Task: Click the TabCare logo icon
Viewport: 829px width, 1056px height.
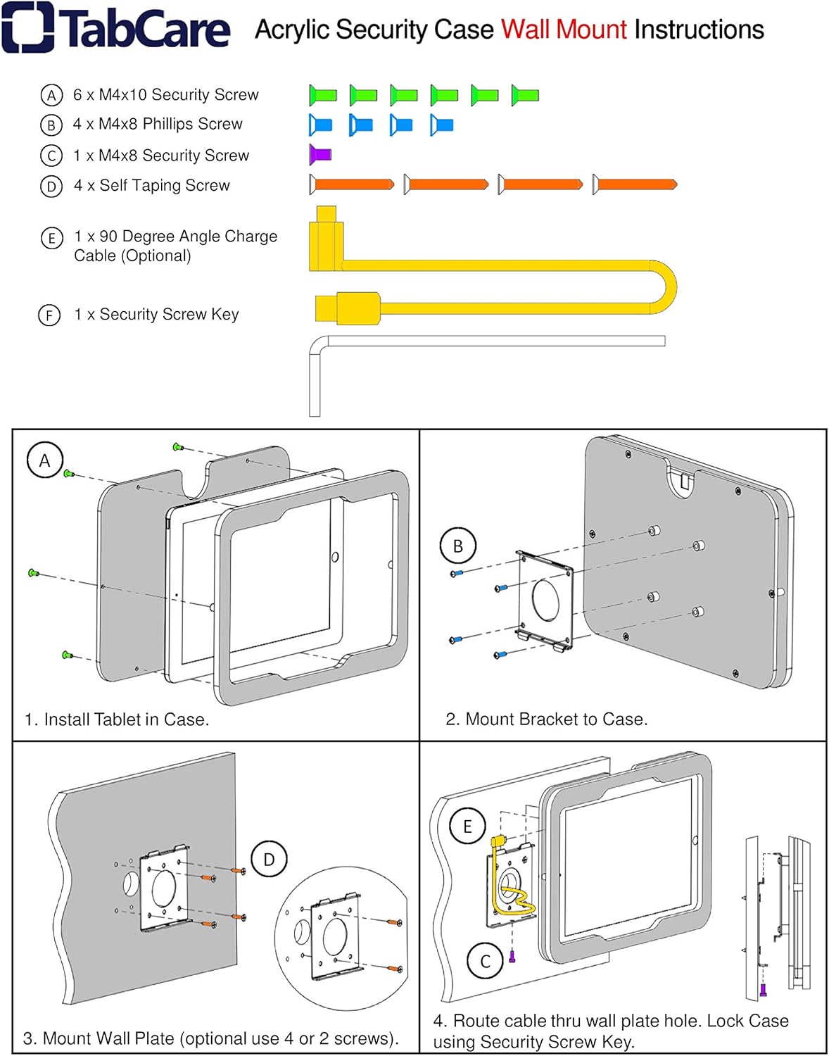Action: [28, 27]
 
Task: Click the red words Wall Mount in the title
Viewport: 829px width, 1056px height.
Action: [563, 30]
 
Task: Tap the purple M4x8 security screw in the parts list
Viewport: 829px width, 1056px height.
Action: [320, 154]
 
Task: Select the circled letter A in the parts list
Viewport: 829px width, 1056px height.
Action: [51, 95]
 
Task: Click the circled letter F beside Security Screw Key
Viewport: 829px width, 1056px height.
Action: [49, 315]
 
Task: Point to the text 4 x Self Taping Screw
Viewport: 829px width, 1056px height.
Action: [151, 186]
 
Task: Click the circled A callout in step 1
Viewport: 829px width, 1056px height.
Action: [45, 460]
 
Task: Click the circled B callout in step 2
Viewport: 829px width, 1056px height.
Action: [457, 546]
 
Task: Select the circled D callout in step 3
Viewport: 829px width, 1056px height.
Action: [269, 859]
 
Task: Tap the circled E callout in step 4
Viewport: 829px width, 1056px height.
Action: [467, 826]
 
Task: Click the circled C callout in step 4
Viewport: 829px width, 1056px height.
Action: [485, 962]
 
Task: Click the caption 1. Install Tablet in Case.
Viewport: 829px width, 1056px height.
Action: [117, 719]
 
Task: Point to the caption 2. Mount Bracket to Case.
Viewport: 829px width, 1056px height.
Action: [546, 719]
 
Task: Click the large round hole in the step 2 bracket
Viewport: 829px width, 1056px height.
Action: [545, 600]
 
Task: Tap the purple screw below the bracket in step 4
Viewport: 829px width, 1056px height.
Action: [512, 957]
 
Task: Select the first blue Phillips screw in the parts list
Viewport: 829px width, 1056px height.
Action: [320, 125]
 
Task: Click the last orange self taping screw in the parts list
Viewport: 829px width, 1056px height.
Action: [635, 184]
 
